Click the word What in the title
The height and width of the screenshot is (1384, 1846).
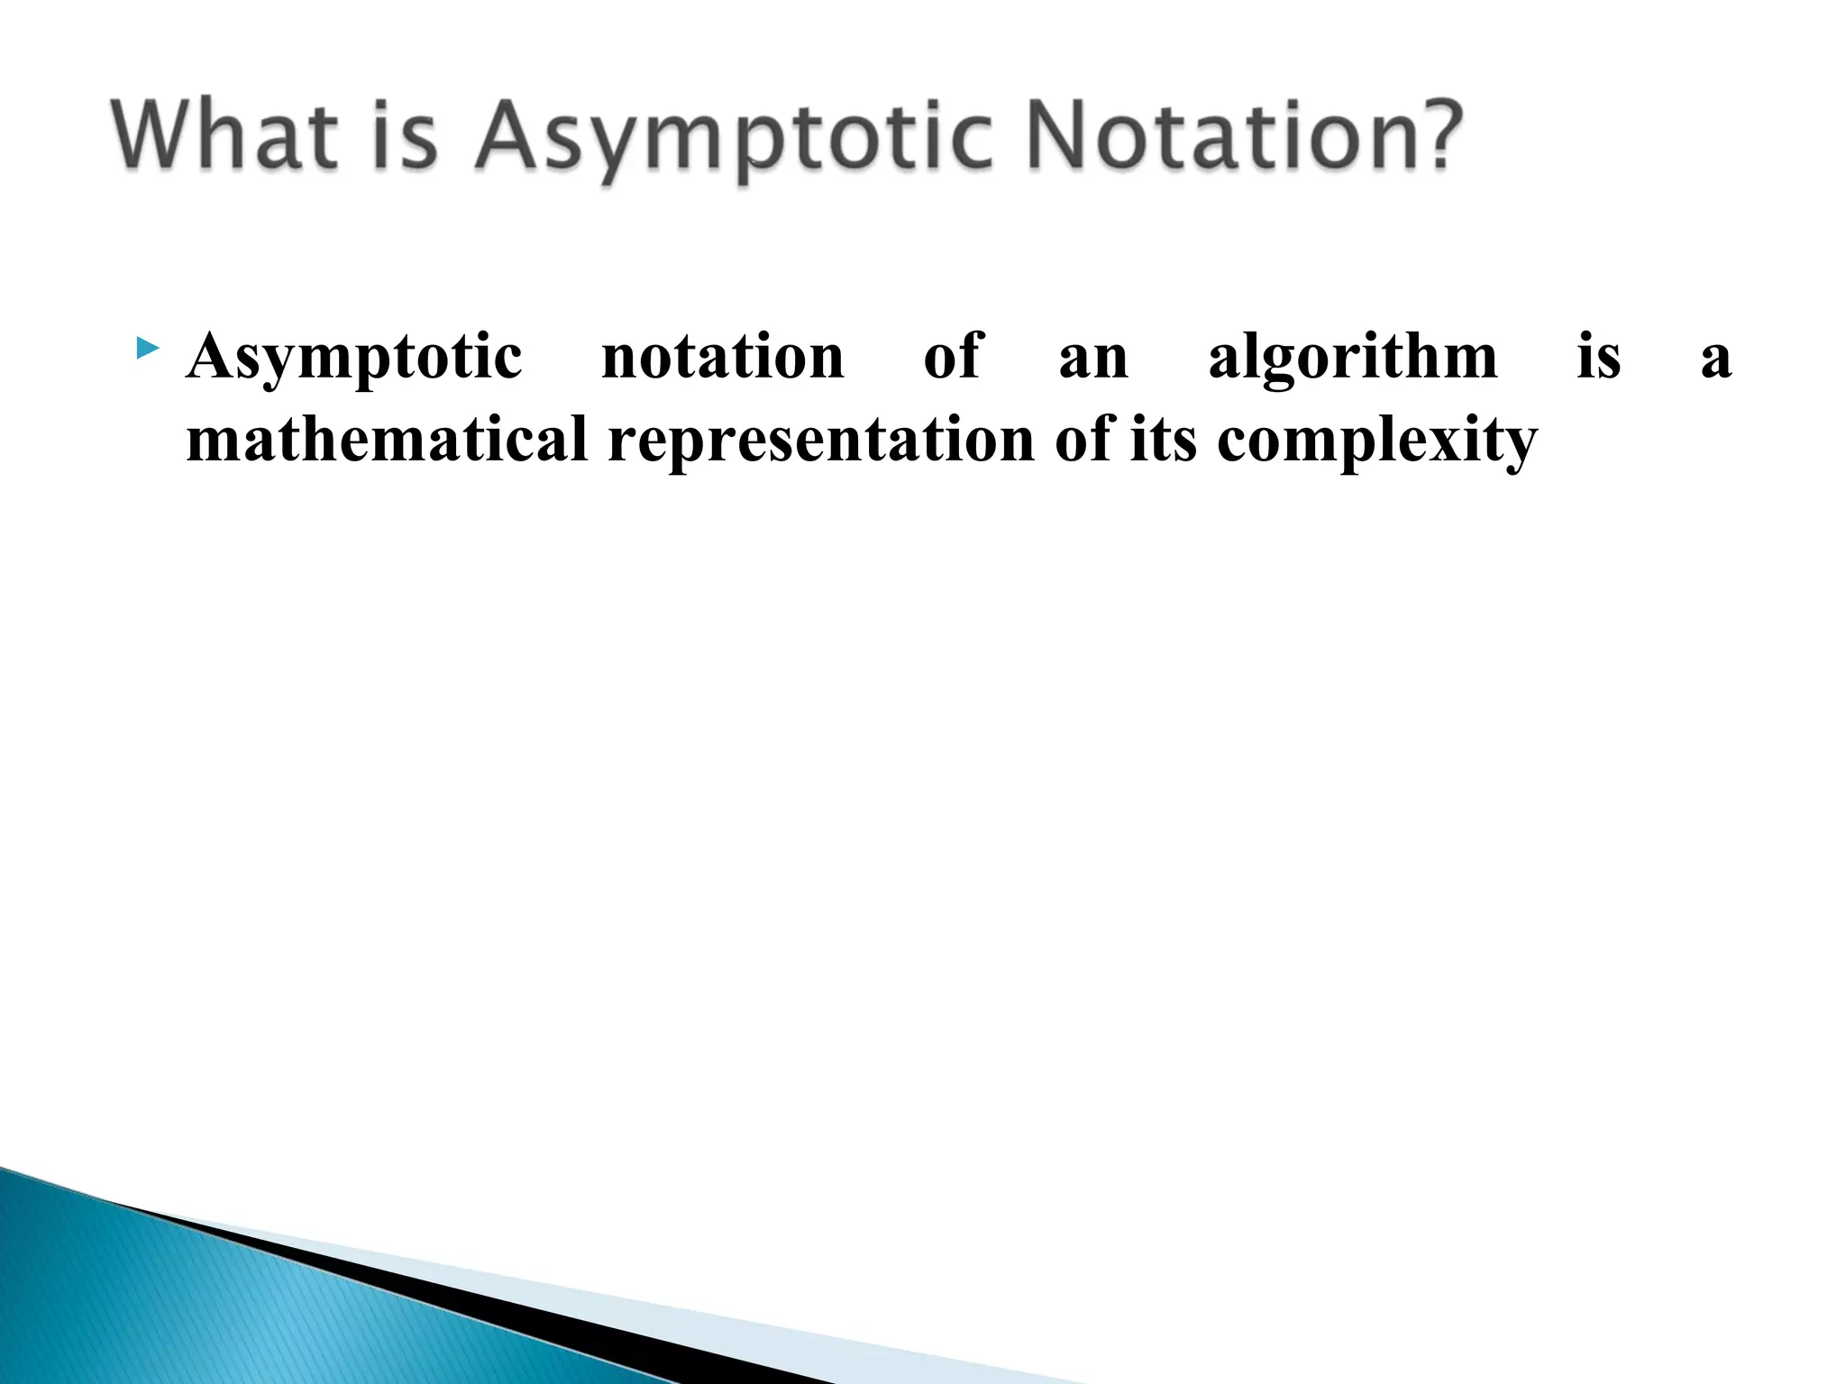[x=225, y=136]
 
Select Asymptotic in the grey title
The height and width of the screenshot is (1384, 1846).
[x=735, y=140]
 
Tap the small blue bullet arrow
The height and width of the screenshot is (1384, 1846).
[x=148, y=348]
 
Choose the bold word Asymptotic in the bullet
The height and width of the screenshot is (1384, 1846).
[x=353, y=359]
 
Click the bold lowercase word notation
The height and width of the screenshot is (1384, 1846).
[x=722, y=357]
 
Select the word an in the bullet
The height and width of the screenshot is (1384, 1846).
[x=1092, y=359]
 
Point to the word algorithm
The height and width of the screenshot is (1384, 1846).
[x=1352, y=359]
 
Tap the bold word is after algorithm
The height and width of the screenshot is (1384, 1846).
[x=1598, y=357]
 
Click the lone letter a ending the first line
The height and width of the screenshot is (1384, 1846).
[x=1715, y=359]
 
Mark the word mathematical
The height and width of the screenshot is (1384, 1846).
[x=387, y=440]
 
